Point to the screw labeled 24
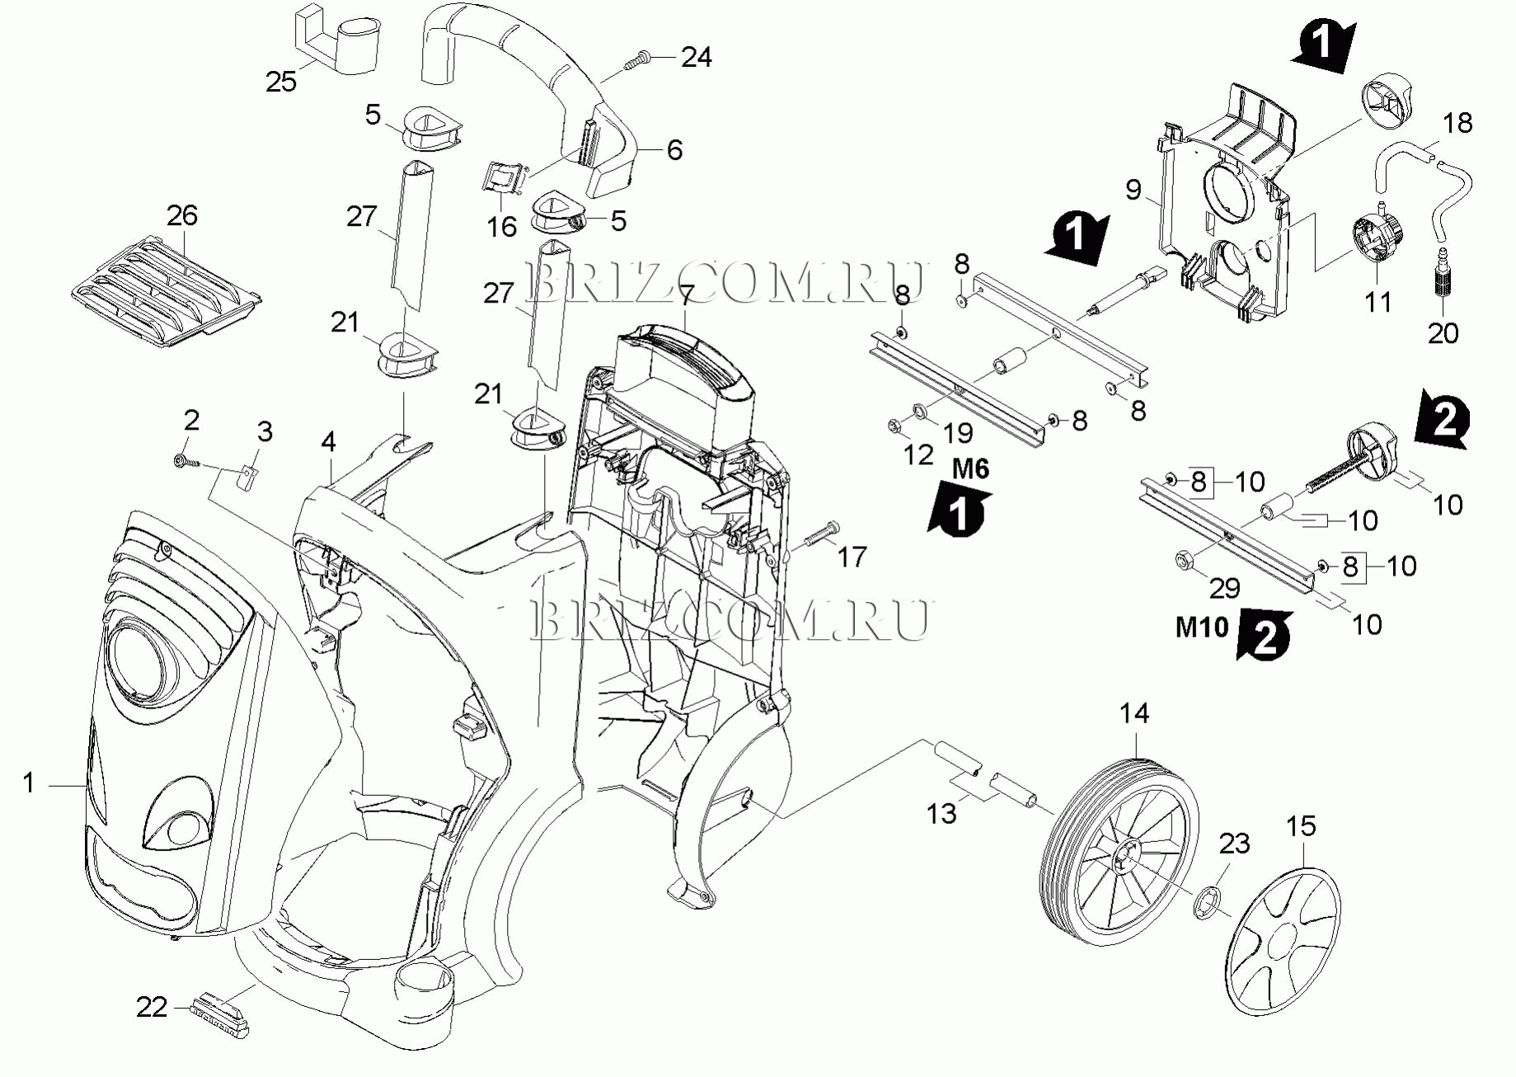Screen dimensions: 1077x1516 tap(638, 59)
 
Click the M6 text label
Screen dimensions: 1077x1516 tap(970, 469)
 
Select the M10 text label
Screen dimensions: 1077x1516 tap(1201, 628)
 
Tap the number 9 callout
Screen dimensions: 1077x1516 tap(1133, 190)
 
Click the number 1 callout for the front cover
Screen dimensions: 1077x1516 tap(29, 783)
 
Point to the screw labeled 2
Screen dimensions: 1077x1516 tap(184, 461)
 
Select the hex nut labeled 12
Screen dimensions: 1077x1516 tap(894, 426)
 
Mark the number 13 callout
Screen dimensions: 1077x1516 tap(941, 813)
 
